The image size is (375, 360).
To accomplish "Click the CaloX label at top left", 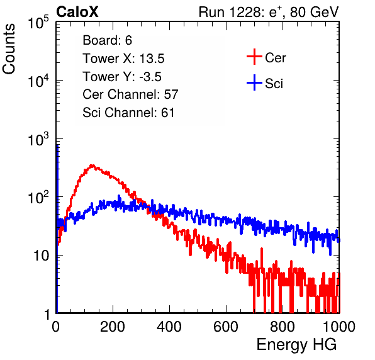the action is click(77, 12).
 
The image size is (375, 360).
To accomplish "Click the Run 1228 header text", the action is click(269, 12).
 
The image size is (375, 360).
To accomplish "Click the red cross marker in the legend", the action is click(254, 57).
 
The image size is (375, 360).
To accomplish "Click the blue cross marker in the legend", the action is click(254, 82).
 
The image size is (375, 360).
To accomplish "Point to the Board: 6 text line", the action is click(108, 40).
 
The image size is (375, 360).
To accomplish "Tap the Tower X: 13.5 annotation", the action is click(124, 59).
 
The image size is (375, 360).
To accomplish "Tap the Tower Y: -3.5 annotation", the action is click(122, 77).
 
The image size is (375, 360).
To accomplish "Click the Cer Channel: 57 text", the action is click(131, 94).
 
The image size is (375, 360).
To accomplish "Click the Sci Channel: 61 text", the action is click(128, 113).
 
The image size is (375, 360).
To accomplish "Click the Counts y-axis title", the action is click(9, 49).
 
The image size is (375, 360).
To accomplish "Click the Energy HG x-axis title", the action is click(297, 345).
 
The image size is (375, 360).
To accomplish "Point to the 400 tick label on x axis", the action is click(169, 327).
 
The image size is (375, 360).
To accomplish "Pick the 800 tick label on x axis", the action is click(283, 327).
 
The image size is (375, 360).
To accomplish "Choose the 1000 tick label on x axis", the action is click(339, 327).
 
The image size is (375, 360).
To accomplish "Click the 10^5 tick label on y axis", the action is click(38, 22).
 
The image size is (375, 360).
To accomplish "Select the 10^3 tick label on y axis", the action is click(38, 139).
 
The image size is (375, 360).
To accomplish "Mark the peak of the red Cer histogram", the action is click(92, 165).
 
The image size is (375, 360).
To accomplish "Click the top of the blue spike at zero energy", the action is click(57, 145).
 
